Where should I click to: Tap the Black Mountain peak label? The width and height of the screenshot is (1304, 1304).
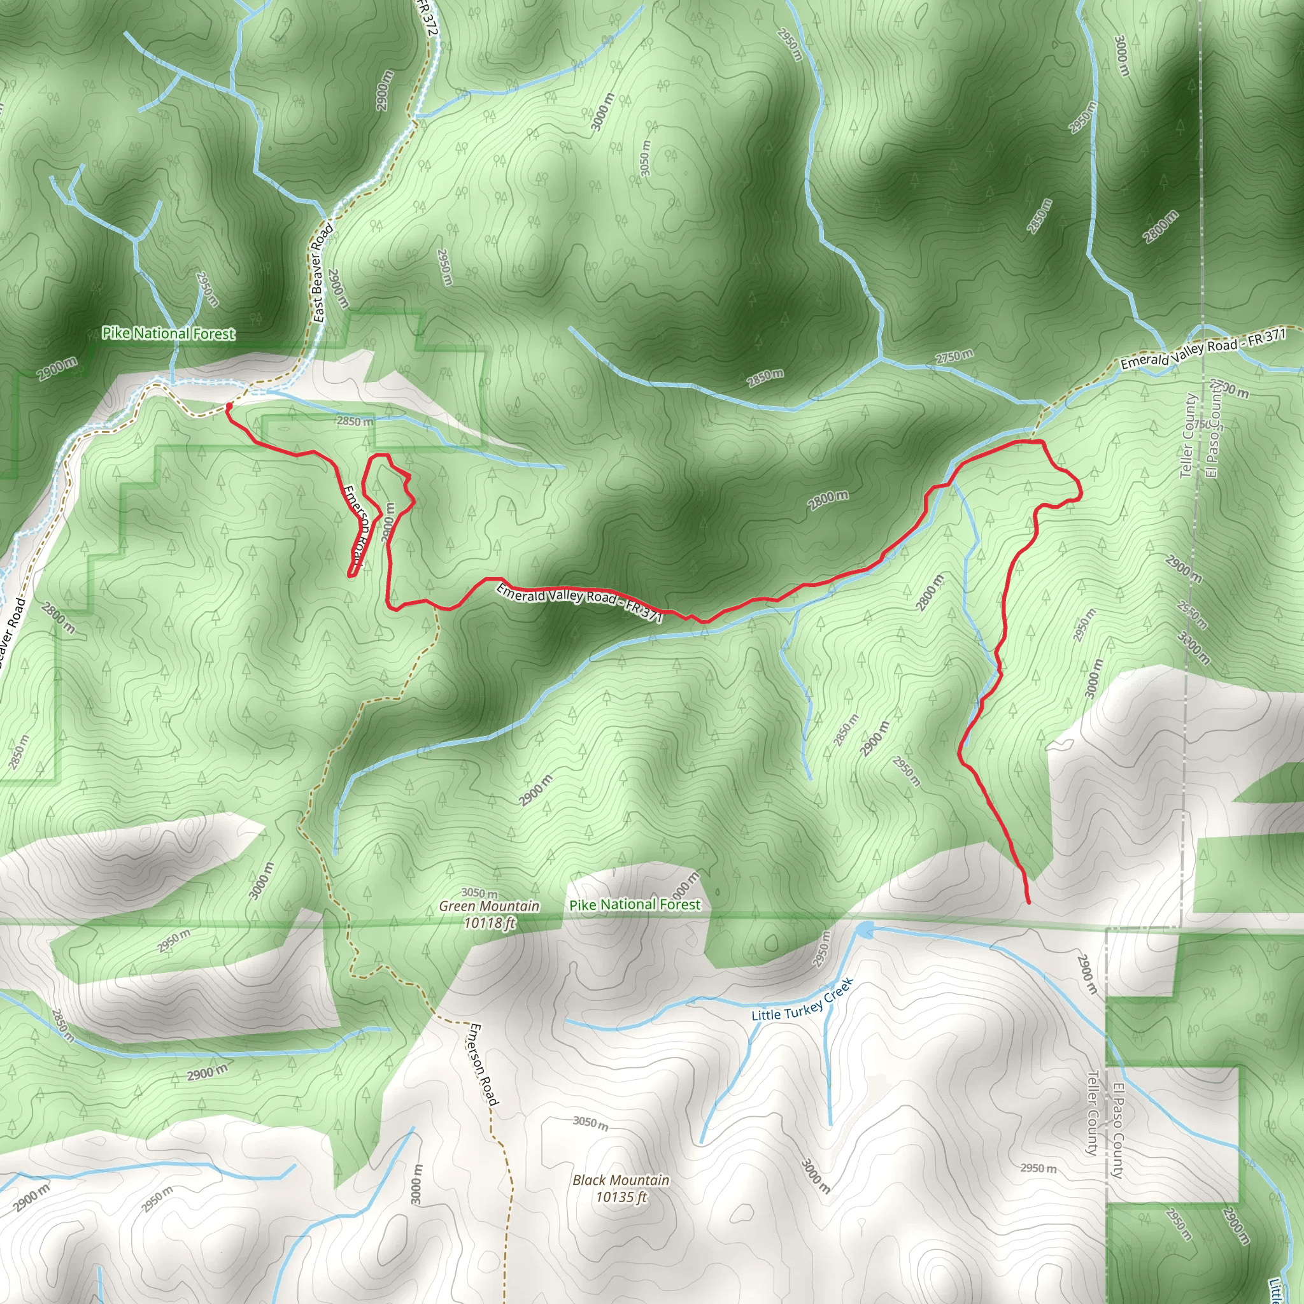point(620,1180)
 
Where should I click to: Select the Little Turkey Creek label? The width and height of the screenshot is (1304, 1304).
point(802,1002)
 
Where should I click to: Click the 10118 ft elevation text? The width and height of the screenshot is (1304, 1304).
point(490,922)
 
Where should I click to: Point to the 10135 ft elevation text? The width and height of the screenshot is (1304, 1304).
point(621,1196)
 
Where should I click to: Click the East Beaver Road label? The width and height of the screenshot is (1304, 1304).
point(323,273)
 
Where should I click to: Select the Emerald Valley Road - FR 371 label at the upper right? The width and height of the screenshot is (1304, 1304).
point(1203,349)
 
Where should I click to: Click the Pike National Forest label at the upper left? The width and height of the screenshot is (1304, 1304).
point(168,334)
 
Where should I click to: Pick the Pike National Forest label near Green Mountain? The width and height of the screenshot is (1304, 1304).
point(634,904)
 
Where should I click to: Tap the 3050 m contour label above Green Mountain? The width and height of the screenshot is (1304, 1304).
point(479,893)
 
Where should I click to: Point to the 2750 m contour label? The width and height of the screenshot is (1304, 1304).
point(954,356)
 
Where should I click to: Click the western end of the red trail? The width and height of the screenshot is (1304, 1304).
point(229,406)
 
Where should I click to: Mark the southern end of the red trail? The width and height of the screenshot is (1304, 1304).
point(1028,902)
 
